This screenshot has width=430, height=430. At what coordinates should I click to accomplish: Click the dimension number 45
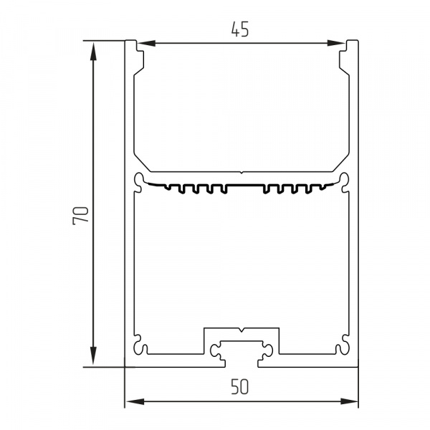point(240,29)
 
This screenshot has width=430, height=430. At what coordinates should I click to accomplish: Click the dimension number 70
point(80,216)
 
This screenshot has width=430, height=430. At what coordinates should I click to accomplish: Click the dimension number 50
point(240,387)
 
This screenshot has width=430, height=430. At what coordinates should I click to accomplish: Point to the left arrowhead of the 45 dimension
point(146,43)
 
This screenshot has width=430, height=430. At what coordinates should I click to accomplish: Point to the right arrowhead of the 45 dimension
point(336,43)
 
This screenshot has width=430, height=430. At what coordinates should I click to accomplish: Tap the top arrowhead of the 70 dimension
point(93,51)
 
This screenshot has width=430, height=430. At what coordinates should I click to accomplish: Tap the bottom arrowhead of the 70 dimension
point(93,355)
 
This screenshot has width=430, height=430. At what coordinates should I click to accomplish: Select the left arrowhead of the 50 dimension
point(135,402)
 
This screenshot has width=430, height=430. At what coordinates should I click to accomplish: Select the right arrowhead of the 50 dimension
point(349,402)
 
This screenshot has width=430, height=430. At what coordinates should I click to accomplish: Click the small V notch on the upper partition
point(241,173)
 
